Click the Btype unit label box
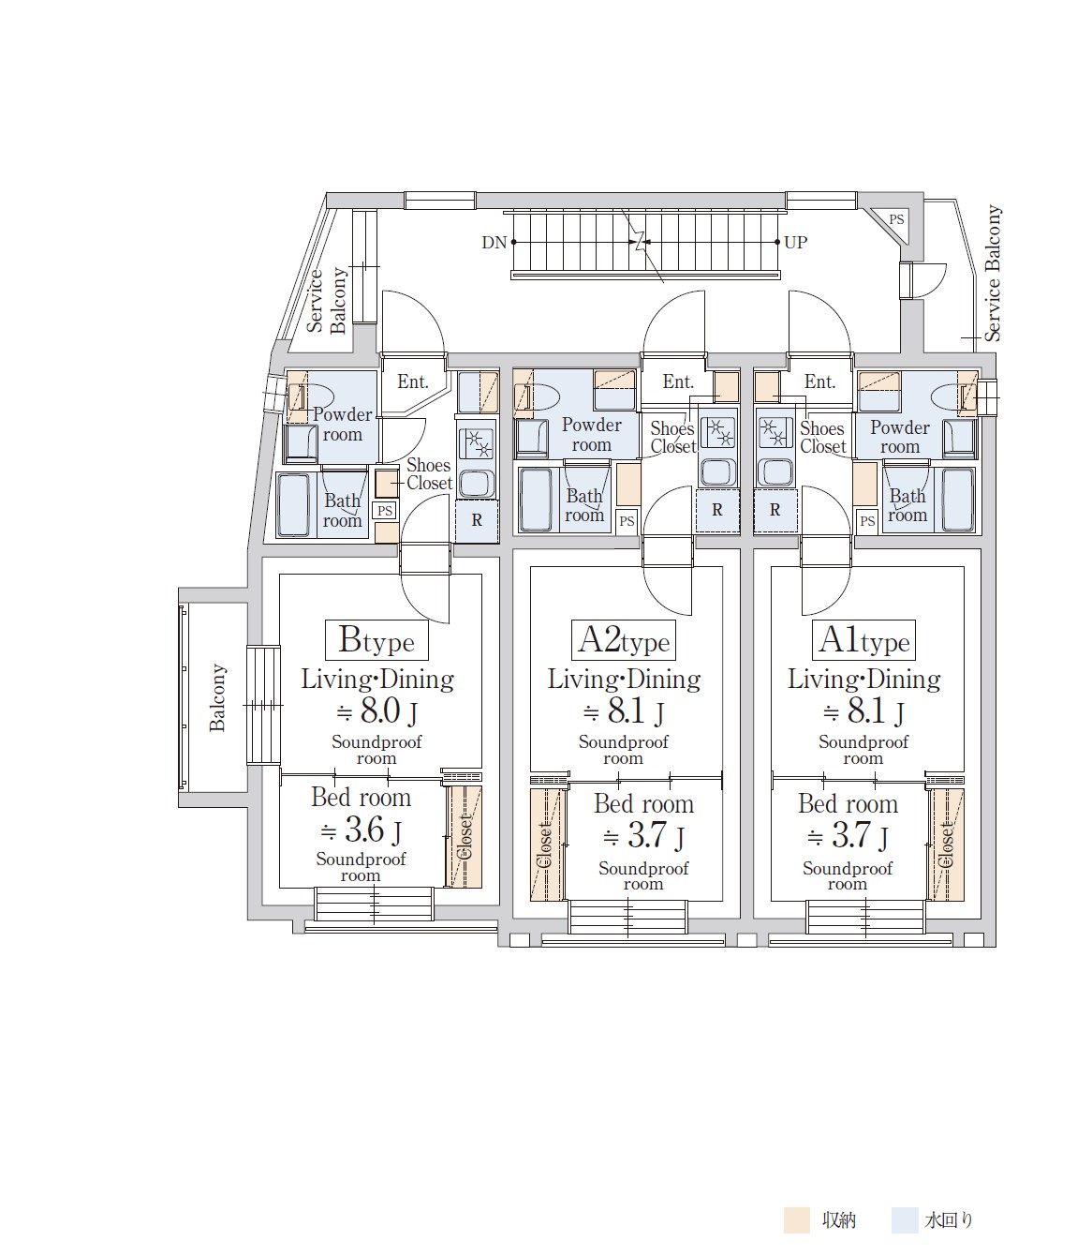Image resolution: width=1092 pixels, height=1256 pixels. pos(376,640)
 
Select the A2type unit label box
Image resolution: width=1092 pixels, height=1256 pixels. pos(624,640)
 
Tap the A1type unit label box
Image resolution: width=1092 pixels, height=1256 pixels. pos(863,640)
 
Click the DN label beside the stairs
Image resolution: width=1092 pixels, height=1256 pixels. pos(494,243)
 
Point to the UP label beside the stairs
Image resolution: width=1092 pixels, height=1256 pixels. pos(795,243)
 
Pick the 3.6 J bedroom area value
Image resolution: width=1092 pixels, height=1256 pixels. pos(362,830)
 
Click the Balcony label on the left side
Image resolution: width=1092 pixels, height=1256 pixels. pos(217,698)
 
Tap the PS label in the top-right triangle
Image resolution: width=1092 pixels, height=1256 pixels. pos(896,219)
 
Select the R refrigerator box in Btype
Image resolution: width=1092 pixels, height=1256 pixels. pos(477,520)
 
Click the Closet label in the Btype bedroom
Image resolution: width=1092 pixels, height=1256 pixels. pos(465,837)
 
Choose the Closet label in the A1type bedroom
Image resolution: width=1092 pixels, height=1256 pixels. pos(947,845)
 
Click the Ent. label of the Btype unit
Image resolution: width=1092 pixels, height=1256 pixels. pos(413,381)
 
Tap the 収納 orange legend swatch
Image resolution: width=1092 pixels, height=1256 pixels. pos(796,1219)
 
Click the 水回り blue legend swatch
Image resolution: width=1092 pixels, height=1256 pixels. pos(904,1219)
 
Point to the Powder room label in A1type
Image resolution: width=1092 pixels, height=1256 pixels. pos(900,437)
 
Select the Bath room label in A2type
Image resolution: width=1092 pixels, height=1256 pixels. pos(584,506)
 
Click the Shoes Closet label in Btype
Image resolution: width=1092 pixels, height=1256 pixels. pos(429,474)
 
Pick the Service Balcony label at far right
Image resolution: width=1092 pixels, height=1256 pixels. pos(994,273)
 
